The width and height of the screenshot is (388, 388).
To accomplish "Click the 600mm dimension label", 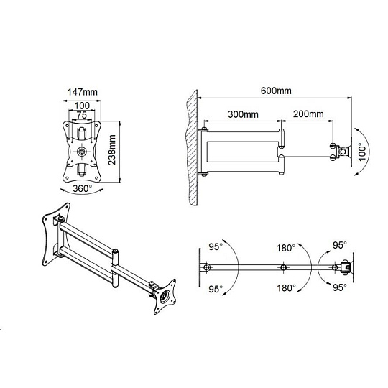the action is (276, 91).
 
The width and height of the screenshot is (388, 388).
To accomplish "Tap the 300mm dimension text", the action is (243, 114).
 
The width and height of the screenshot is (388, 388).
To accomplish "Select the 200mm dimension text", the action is (308, 114).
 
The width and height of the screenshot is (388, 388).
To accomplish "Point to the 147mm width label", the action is (83, 92).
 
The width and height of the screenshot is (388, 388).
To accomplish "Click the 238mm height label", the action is (112, 149).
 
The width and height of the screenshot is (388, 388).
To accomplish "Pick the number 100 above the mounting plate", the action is (82, 106).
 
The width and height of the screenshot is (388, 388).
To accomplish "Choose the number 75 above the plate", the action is (82, 115).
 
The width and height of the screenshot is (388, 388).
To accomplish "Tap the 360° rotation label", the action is (83, 188).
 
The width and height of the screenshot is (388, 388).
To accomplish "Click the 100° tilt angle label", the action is (361, 152).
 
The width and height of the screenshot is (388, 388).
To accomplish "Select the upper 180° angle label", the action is (286, 248).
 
